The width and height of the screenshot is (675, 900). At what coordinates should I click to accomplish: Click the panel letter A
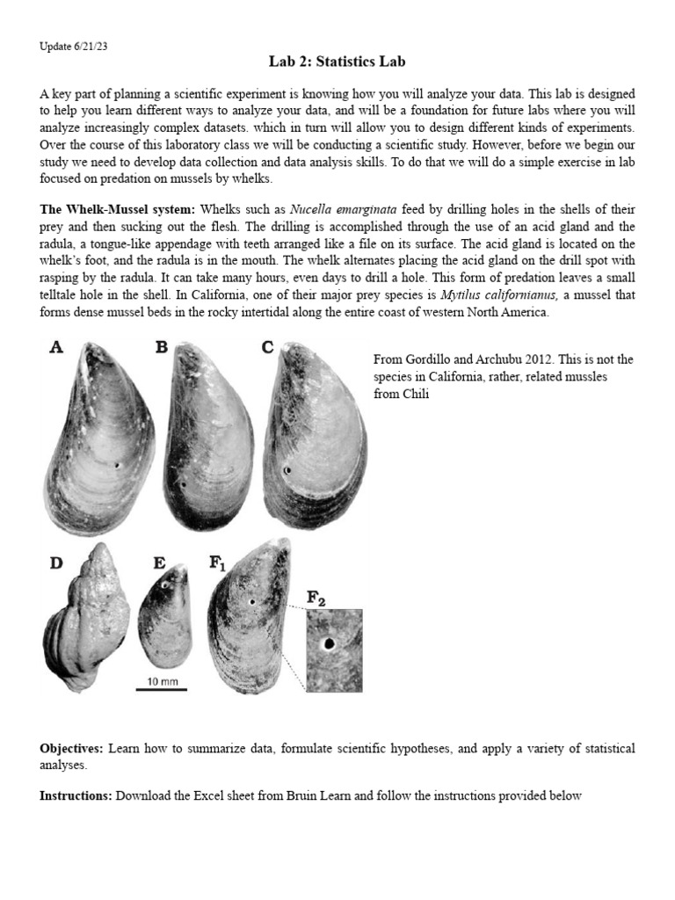click(56, 347)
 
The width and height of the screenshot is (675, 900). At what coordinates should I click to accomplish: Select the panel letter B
click(161, 347)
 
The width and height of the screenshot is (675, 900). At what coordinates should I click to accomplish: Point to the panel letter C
click(267, 347)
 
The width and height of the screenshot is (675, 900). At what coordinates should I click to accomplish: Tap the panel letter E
click(159, 562)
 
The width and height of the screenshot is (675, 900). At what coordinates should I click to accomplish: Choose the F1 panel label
click(217, 563)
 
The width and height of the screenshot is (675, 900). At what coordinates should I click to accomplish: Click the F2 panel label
click(316, 598)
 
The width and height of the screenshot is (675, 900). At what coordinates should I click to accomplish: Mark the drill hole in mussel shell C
click(287, 472)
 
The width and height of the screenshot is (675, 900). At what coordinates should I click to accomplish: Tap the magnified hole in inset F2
click(330, 644)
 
